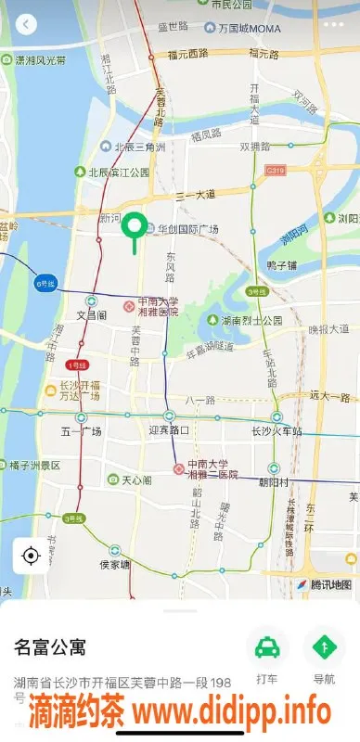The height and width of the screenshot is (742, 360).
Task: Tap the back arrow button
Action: pos(26,24)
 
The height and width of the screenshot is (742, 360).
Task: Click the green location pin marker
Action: pos(136,227)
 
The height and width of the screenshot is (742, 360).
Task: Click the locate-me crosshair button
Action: pos(31,556)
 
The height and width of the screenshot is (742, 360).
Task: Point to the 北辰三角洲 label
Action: pos(139,147)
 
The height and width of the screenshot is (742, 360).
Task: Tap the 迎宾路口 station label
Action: pos(169,430)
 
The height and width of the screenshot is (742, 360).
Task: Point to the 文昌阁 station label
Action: pos(93,314)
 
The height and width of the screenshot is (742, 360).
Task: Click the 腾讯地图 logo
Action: pos(324,584)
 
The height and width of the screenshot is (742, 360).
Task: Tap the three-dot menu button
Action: pos(335,24)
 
